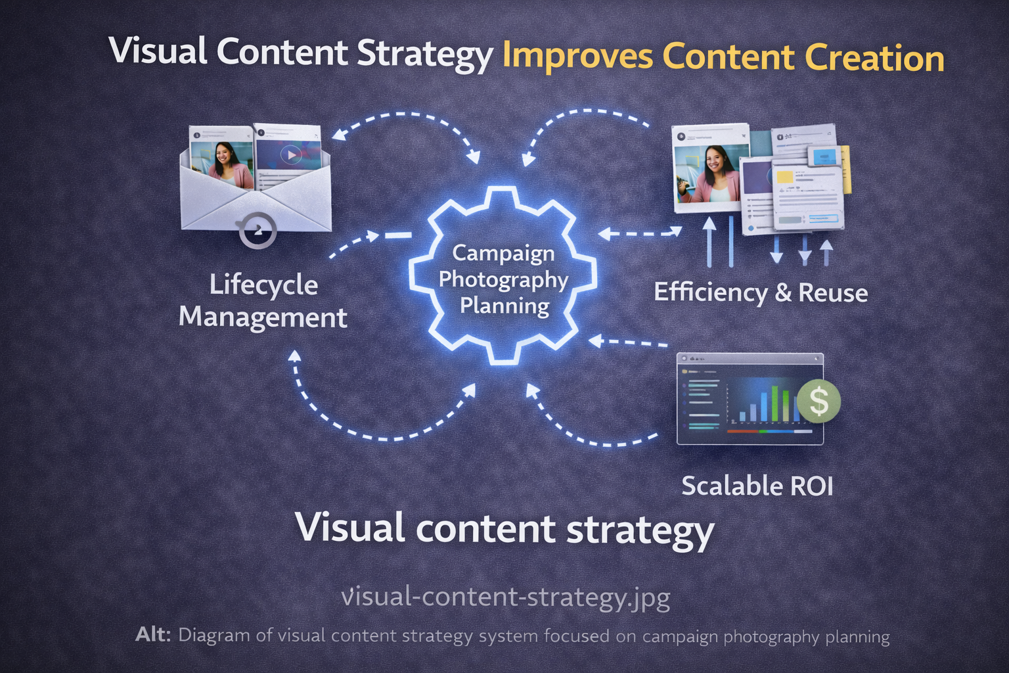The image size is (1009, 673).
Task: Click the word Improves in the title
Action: tap(577, 58)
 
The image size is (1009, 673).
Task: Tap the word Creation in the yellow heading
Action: tap(874, 58)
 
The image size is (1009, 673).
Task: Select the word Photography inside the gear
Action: tap(504, 281)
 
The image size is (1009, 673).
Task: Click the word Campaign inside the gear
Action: tap(504, 254)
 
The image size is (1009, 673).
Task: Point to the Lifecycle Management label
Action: tap(263, 300)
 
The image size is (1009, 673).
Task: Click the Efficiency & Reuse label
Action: tap(761, 292)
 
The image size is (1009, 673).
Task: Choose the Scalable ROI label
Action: tap(757, 486)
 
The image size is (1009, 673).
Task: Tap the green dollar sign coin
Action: tap(818, 401)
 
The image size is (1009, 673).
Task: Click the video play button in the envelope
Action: tap(290, 154)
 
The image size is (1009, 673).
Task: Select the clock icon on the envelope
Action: tap(258, 230)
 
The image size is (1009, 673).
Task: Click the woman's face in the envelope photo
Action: tap(223, 156)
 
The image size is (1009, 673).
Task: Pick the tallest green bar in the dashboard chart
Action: tap(774, 404)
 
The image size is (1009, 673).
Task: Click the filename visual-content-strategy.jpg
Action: tap(505, 597)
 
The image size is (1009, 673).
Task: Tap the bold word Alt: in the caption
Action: tap(153, 635)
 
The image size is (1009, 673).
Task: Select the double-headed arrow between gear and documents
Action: tap(640, 233)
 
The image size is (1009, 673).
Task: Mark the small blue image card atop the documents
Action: tap(824, 156)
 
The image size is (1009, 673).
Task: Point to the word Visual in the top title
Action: tap(158, 51)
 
